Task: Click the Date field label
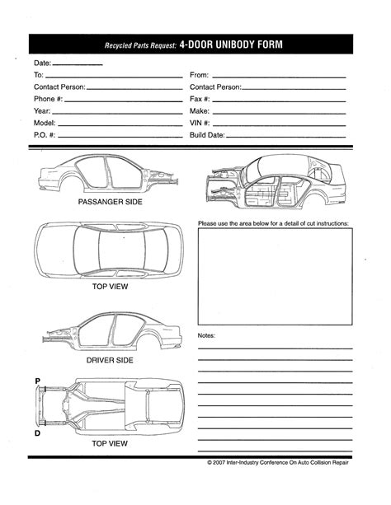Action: [42, 63]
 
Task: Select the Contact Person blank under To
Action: [133, 87]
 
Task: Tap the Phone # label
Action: [48, 99]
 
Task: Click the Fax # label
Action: [200, 99]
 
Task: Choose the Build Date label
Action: [207, 135]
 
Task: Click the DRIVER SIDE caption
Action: [109, 360]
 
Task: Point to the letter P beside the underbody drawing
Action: [38, 381]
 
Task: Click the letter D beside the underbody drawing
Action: [38, 433]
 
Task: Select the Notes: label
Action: [207, 336]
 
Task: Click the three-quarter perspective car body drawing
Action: [275, 180]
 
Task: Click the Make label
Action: [200, 111]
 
